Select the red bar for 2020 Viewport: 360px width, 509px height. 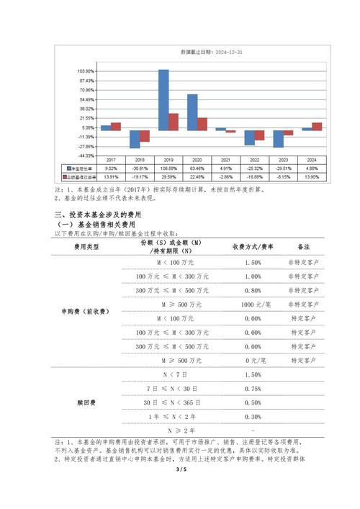(202, 123)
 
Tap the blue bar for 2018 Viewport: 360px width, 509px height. (135, 139)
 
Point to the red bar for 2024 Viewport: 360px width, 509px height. (318, 126)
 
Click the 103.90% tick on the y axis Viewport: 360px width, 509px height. (85, 71)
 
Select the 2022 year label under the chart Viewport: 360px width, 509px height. (255, 160)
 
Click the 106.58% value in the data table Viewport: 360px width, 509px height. (168, 168)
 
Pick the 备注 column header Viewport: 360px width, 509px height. (303, 246)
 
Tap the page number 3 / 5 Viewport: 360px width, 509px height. (180, 490)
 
